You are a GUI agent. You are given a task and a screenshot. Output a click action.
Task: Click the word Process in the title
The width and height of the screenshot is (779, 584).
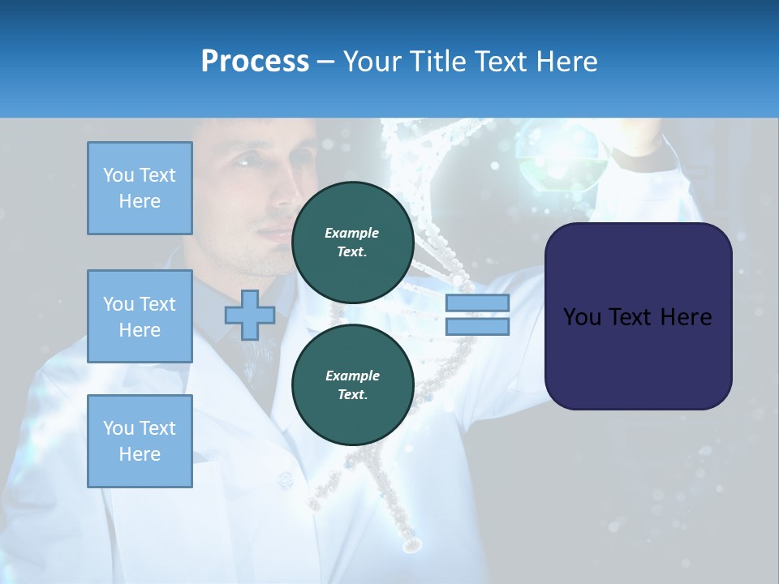pos(255,62)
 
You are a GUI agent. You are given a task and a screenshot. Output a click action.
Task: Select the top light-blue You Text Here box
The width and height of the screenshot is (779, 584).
pos(140,188)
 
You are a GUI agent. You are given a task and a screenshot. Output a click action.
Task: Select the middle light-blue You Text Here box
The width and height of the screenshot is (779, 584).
pos(140,316)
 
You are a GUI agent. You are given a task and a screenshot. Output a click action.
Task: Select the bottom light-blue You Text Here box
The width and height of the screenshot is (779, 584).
pos(140,441)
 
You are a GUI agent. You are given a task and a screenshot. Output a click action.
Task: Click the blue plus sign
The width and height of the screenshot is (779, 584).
pos(250,315)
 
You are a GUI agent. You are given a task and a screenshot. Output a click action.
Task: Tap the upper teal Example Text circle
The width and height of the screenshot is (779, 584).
pos(352,243)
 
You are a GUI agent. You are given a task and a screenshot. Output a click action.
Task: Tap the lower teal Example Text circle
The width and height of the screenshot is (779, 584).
pos(352,385)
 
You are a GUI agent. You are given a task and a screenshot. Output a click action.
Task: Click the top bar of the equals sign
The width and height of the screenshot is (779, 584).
pos(477,303)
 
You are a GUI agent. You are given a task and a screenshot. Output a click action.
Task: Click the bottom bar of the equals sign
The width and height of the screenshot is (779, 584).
pos(477,327)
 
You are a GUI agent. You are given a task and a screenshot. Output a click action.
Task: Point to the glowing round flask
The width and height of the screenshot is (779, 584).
pos(562,158)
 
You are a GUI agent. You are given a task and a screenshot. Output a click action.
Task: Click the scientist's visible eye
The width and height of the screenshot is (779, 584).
pos(244,161)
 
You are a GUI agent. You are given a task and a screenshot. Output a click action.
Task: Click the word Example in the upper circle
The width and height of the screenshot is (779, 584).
pos(352,233)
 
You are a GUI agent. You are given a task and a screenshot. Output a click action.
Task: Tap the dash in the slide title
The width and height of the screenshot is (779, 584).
pos(326,62)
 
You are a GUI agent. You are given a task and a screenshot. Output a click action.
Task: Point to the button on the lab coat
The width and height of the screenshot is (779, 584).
pos(284,480)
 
